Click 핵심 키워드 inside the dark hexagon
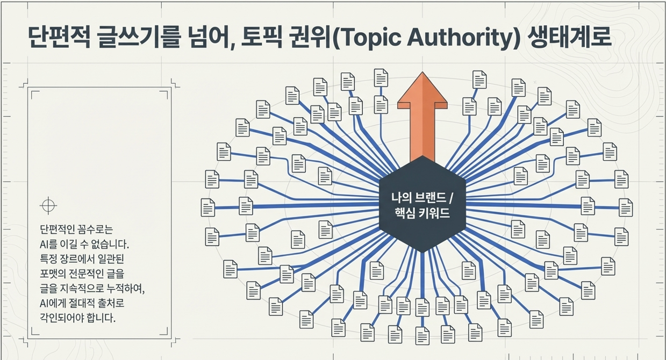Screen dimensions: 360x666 [x=422, y=213]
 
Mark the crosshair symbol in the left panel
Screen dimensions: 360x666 [x=48, y=205]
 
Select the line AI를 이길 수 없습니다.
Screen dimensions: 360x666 [x=84, y=244]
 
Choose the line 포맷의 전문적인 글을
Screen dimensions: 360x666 [x=82, y=274]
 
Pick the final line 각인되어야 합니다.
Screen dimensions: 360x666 [x=78, y=318]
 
